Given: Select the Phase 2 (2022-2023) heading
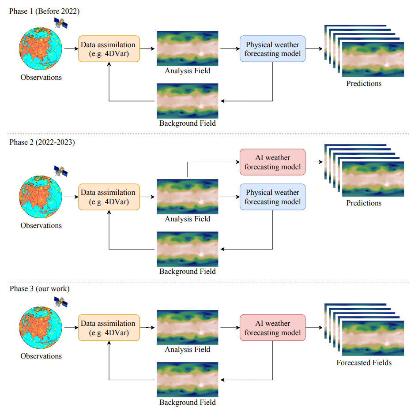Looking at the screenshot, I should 42,142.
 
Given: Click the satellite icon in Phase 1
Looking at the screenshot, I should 60,23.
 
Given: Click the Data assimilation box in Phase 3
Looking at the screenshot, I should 109,328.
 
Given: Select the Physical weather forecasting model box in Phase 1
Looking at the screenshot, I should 272,49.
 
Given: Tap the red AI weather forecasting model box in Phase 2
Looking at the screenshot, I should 272,162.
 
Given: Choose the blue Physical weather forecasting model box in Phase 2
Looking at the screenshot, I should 272,197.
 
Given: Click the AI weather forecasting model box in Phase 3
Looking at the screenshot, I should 272,328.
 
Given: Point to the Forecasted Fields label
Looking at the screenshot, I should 364,362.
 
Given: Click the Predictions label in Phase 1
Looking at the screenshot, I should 364,83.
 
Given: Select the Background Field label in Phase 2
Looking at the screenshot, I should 187,271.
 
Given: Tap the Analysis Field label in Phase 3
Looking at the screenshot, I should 187,349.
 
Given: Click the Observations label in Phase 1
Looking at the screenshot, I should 41,77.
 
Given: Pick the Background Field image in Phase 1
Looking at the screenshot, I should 187,101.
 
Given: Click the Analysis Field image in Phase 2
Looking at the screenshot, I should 187,197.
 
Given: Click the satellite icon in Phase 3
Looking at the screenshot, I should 60,302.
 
